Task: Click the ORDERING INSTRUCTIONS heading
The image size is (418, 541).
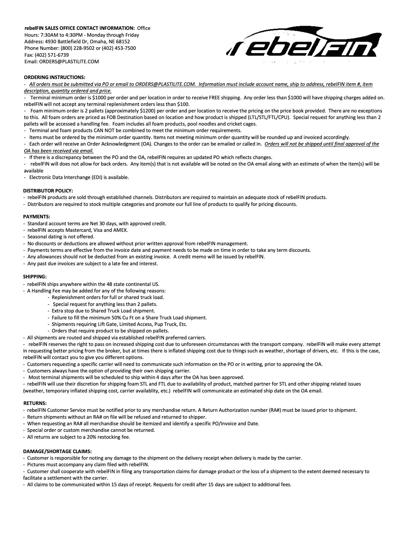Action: tap(55, 77)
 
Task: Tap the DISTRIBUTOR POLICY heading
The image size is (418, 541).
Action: tap(48, 190)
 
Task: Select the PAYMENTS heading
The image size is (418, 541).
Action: tap(36, 217)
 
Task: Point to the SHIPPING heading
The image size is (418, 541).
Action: tap(35, 277)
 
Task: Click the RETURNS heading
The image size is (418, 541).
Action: tap(35, 403)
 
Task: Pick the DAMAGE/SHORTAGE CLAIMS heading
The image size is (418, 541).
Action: tap(57, 451)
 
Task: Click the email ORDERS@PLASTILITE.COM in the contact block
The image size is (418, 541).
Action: tap(69, 62)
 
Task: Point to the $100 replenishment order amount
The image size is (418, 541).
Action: tap(182, 104)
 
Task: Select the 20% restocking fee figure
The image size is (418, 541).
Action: tap(92, 437)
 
